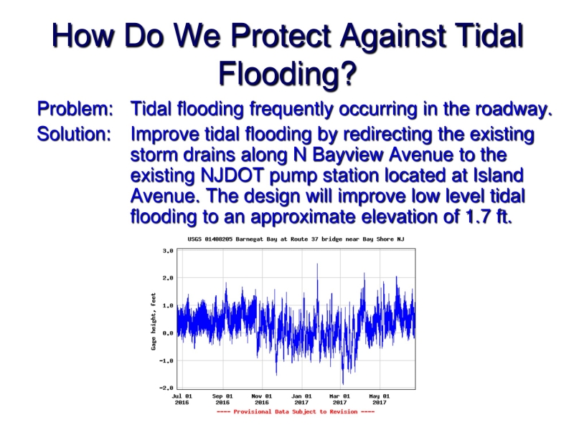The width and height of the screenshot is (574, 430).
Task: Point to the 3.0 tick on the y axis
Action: click(168, 251)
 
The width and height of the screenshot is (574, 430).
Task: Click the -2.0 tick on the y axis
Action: click(166, 388)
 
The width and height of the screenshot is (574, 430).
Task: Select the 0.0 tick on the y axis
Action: click(168, 333)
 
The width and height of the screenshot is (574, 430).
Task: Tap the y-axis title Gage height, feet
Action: click(154, 320)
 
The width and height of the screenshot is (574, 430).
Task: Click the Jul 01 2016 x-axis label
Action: click(182, 399)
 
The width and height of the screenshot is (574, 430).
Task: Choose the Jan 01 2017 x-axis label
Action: click(301, 399)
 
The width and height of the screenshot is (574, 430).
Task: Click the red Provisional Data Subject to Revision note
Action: click(295, 412)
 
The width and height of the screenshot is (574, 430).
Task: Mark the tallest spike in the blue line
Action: click(317, 266)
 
